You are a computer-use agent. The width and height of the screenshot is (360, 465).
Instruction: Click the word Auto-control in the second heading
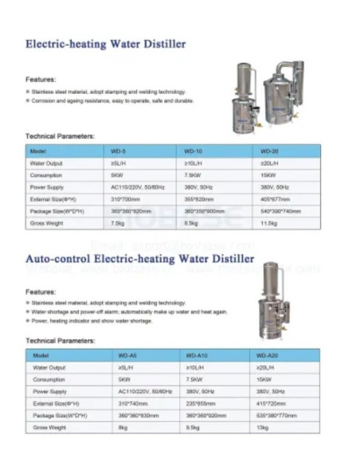[x=57, y=259]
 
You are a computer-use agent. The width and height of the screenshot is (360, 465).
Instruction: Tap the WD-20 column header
[x=269, y=150]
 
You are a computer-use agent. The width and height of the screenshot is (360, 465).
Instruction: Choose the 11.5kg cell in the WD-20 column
[x=269, y=224]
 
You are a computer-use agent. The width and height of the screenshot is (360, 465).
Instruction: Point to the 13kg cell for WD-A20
[x=262, y=428]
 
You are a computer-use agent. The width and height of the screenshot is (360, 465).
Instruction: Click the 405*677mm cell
[x=275, y=199]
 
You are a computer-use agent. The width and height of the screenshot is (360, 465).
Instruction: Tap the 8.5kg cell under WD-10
[x=192, y=224]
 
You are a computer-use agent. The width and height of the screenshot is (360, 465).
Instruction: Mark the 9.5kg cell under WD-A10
[x=194, y=428]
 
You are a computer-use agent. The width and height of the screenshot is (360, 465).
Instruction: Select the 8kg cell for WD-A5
[x=123, y=428]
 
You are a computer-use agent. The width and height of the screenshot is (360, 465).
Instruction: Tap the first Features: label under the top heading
[x=41, y=80]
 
